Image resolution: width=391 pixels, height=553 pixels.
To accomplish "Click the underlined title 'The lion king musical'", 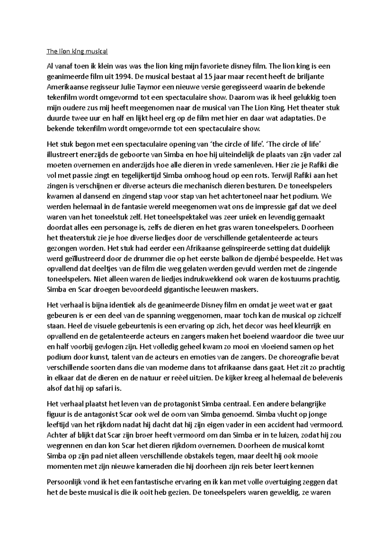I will [x=77, y=51].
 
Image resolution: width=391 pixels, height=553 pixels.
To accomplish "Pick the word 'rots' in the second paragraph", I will [x=259, y=176].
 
